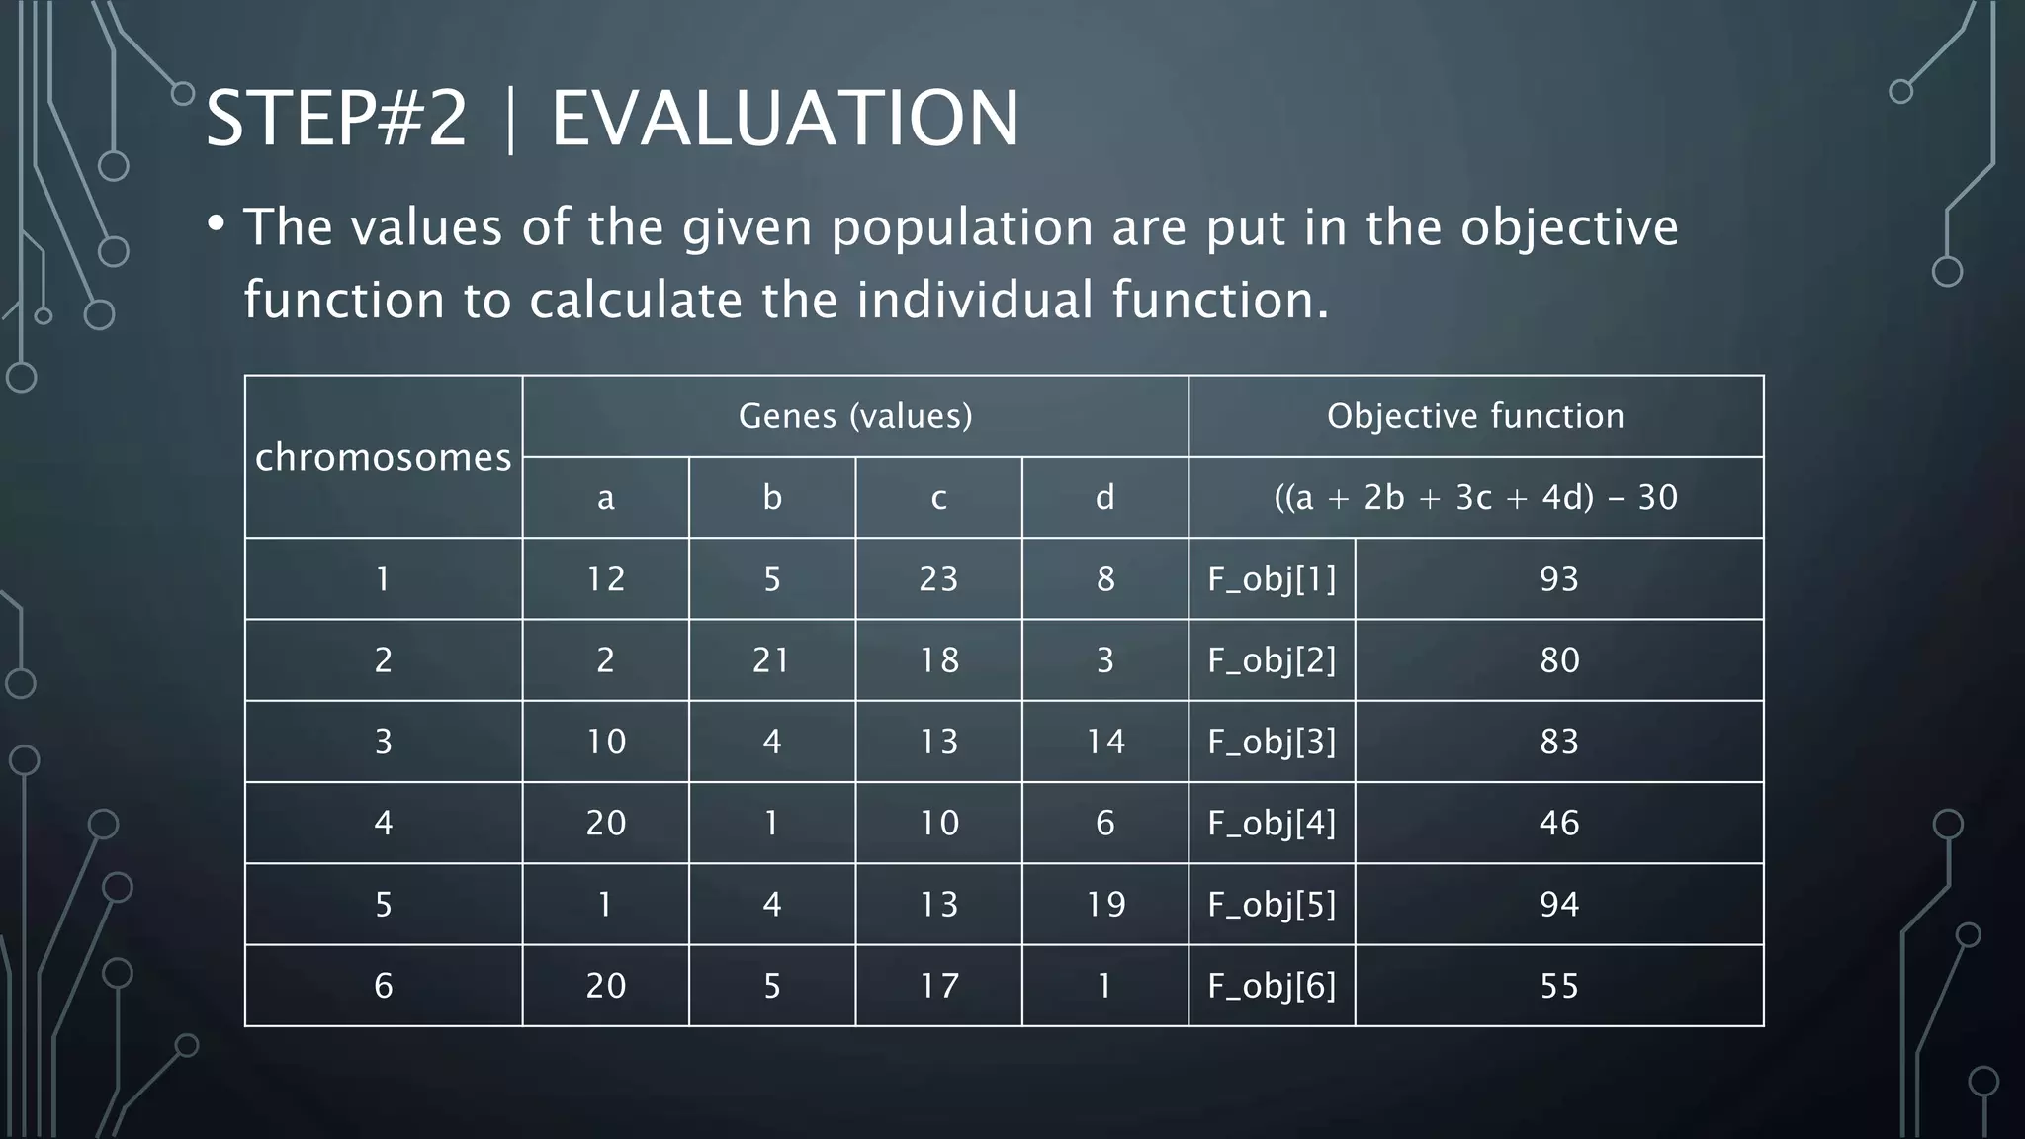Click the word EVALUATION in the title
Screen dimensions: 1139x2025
[x=784, y=119]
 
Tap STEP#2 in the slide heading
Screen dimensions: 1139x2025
[x=336, y=119]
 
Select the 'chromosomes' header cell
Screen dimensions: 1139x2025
[x=384, y=457]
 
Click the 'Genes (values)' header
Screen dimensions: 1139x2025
[x=855, y=416]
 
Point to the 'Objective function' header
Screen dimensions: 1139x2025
[x=1475, y=416]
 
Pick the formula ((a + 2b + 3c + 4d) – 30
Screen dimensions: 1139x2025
[x=1475, y=497]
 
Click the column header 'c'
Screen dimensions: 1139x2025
[x=938, y=497]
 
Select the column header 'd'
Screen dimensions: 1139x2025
[x=1104, y=497]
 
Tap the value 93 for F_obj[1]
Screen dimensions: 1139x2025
[x=1558, y=579]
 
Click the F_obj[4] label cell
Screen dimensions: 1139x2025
[x=1272, y=823]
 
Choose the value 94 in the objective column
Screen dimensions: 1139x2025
[x=1558, y=904]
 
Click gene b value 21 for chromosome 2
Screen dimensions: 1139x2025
[x=771, y=660]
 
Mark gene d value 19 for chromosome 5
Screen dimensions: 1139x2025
[x=1104, y=904]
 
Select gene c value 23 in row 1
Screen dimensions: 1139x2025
[x=938, y=579]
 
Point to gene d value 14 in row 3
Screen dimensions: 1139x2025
[x=1104, y=742]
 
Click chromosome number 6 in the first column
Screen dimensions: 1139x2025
[x=384, y=986]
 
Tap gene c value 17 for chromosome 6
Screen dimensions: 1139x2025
[x=938, y=986]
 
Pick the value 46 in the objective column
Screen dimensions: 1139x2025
[x=1558, y=823]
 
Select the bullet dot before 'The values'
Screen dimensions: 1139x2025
[x=216, y=223]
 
